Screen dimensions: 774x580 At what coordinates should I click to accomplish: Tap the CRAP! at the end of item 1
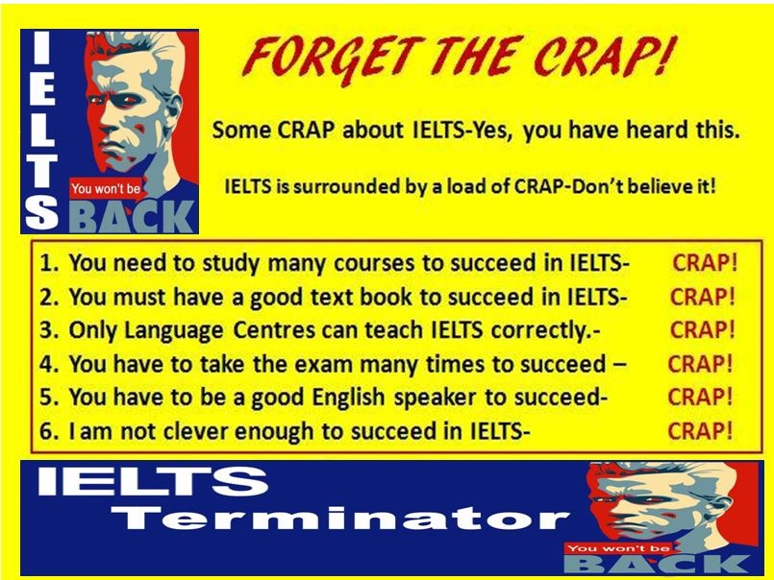tap(705, 263)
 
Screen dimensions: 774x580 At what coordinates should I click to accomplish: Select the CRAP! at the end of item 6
tap(700, 431)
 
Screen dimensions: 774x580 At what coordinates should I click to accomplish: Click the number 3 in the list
tap(46, 330)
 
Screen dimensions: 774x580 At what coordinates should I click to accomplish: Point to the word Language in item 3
tap(174, 331)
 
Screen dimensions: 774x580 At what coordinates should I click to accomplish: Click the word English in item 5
tap(349, 398)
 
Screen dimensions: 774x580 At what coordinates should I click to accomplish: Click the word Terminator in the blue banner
tap(340, 518)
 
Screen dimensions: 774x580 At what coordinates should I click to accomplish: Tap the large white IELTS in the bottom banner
tap(153, 481)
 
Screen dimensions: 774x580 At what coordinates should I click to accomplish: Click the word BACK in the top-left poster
tap(131, 216)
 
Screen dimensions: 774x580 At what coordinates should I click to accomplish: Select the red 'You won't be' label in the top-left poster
tap(106, 188)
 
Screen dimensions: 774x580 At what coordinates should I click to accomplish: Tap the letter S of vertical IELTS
tap(41, 212)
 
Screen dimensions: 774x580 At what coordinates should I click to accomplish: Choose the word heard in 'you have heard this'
tap(658, 130)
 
